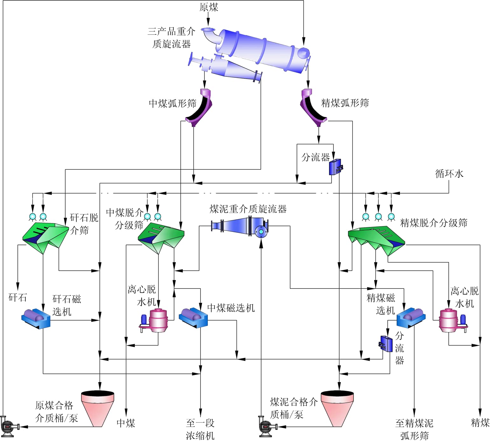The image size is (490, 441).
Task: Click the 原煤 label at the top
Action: pos(209,7)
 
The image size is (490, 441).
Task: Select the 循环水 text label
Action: pos(449,174)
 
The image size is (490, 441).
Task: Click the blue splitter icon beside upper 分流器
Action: pos(335,167)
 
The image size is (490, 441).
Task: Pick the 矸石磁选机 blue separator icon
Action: pos(36,318)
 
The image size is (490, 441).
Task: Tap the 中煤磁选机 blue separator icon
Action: pos(193,317)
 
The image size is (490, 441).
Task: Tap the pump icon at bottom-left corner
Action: pos(9,426)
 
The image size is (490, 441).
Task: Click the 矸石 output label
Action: pos(17,298)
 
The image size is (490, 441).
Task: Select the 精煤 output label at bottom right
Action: pos(480,423)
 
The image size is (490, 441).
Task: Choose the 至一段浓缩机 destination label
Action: pos(200,429)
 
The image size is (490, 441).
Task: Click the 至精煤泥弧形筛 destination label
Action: pos(414,429)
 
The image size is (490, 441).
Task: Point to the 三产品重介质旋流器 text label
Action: pos(171,38)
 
